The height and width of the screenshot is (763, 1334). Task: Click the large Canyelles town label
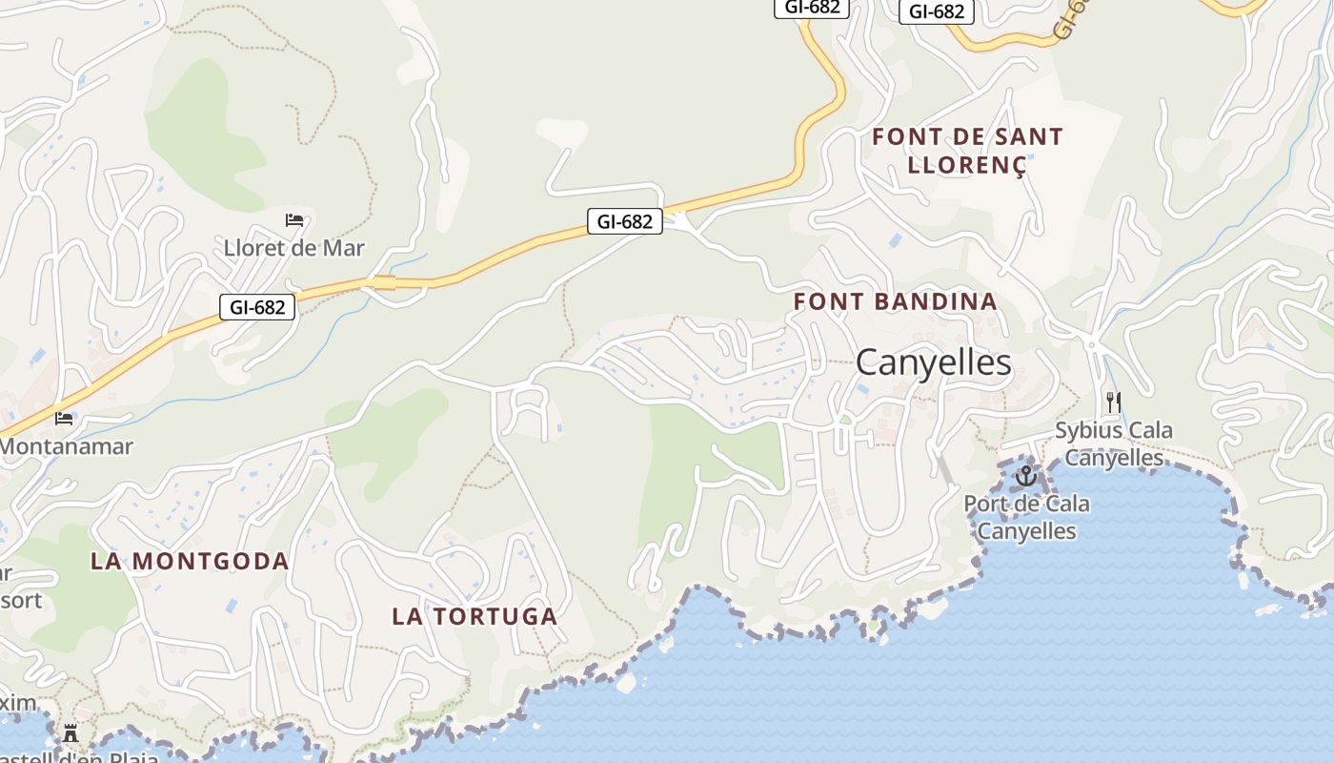click(933, 363)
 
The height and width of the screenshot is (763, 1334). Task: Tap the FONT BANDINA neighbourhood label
click(895, 302)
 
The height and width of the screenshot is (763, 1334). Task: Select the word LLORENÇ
click(966, 165)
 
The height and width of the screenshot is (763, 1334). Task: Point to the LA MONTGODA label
click(190, 562)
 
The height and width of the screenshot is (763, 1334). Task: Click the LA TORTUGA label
click(475, 617)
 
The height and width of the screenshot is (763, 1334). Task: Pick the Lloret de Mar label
click(293, 249)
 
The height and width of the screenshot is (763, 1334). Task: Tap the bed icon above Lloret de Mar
click(294, 220)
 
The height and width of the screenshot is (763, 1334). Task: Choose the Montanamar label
click(67, 446)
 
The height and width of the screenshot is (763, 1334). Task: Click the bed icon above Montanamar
click(64, 418)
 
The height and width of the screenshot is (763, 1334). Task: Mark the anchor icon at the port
click(1026, 474)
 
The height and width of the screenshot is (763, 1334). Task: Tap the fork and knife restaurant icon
click(1113, 402)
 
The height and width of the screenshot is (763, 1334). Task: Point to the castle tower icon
click(71, 733)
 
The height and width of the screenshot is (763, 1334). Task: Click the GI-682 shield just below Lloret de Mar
click(257, 307)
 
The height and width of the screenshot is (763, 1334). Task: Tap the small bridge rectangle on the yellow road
click(384, 282)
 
